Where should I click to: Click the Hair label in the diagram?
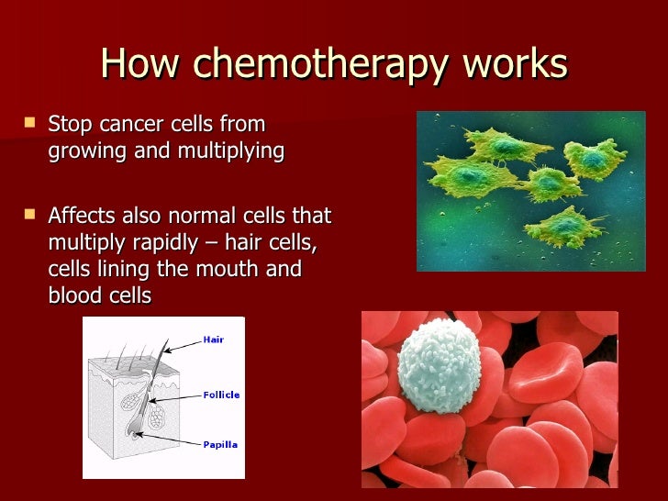pyautogui.click(x=213, y=340)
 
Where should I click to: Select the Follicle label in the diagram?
pyautogui.click(x=220, y=395)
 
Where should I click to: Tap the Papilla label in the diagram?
pyautogui.click(x=219, y=444)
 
